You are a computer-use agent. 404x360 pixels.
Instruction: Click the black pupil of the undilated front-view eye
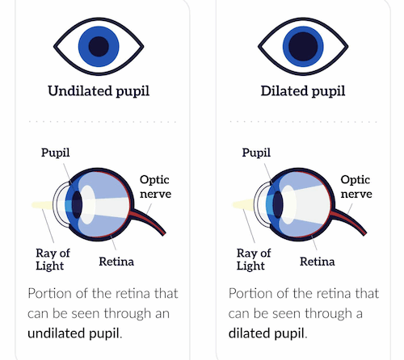point(99,47)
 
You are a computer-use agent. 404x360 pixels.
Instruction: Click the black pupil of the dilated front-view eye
point(303,47)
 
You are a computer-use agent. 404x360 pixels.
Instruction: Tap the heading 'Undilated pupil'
point(99,91)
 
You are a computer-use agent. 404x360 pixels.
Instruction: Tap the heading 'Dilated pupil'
point(303,91)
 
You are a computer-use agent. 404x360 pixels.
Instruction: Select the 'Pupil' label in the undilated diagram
point(56,153)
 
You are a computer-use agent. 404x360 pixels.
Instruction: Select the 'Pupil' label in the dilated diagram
point(256,153)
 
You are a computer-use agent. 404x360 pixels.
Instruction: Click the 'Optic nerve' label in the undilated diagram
point(155,186)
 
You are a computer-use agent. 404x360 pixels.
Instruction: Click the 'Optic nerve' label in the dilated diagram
point(356,186)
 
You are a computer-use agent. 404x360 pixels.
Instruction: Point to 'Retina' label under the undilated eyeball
point(116,262)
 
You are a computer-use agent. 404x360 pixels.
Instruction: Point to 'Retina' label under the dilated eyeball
point(318,262)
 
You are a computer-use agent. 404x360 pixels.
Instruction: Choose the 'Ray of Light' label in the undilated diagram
point(53,259)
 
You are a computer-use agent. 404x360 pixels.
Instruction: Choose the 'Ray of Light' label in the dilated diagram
point(254,259)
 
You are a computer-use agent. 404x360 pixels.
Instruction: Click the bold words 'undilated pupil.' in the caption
point(75,333)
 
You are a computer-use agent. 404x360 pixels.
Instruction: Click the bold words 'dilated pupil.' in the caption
point(267,333)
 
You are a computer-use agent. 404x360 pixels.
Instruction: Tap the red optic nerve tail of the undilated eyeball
point(149,220)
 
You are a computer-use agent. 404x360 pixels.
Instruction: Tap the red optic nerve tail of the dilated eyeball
point(350,220)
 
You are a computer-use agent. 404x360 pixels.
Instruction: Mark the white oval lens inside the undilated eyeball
point(87,205)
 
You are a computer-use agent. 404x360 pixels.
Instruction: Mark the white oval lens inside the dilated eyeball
point(288,205)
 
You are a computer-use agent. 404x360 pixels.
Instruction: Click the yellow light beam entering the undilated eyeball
point(43,205)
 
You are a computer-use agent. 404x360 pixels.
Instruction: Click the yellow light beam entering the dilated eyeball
point(243,204)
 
